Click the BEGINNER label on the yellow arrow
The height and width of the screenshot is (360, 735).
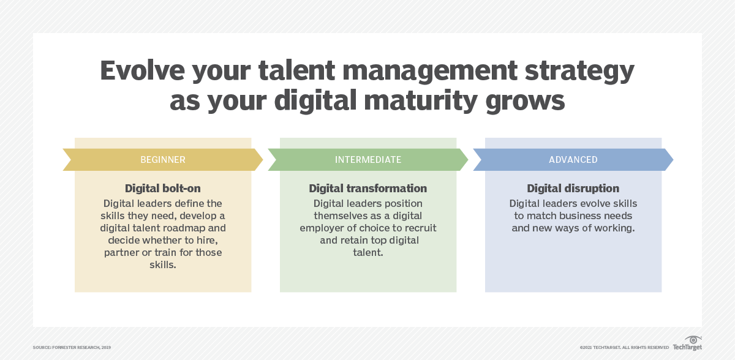(162, 160)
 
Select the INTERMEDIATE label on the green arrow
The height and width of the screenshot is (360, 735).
(368, 160)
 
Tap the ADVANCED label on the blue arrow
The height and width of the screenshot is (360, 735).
(573, 160)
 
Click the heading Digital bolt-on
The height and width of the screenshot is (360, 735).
(162, 189)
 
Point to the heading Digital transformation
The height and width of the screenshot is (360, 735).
(367, 189)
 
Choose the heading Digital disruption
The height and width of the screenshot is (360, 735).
(573, 189)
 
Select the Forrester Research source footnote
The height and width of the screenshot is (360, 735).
(72, 348)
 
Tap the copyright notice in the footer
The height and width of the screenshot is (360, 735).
(624, 348)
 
